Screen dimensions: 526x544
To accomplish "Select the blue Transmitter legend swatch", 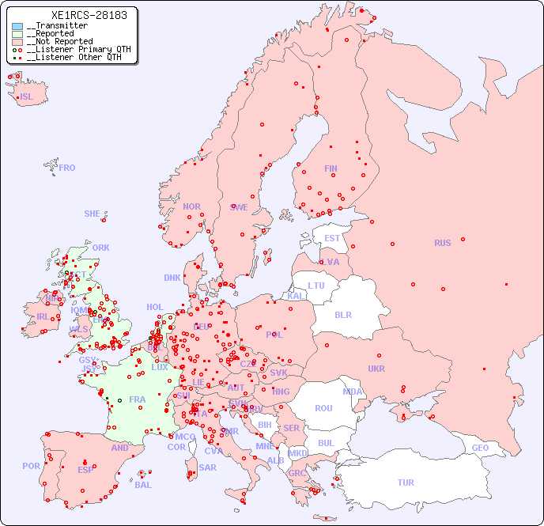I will [x=17, y=26].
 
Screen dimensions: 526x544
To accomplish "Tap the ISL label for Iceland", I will [x=26, y=97].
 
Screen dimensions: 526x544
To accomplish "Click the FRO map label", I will [x=67, y=168].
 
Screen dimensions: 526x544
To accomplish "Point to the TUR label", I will [x=406, y=482].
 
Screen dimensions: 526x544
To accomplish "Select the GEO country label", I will [x=480, y=448].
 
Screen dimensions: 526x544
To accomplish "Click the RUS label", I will [x=442, y=243].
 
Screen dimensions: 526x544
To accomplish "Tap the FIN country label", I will [x=331, y=168].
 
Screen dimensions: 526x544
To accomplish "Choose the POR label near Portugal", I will [x=31, y=466].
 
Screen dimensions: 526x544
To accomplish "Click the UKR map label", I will [x=376, y=369].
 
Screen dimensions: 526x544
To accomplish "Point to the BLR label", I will [x=342, y=314].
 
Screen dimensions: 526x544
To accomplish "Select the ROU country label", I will [x=323, y=408].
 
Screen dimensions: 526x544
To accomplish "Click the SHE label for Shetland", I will [x=93, y=214].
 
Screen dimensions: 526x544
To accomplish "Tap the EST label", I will [x=332, y=238].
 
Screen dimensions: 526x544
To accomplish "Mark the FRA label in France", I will [x=138, y=399].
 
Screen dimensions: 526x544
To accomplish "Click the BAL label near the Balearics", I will [x=142, y=485].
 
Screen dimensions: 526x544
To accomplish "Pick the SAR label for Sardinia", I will [x=207, y=467].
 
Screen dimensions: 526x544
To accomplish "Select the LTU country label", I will [x=316, y=286].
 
